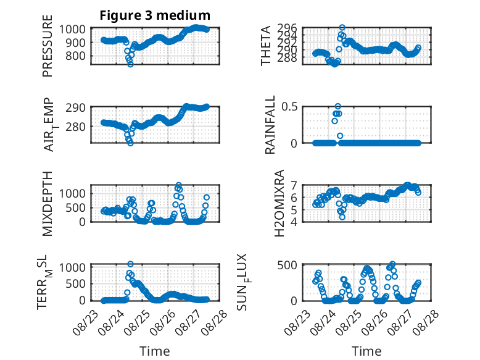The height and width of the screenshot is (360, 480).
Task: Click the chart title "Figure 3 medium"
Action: click(x=155, y=15)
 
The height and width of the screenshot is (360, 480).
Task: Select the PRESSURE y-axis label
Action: click(x=48, y=46)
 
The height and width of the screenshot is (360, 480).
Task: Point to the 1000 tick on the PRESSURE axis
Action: click(x=72, y=30)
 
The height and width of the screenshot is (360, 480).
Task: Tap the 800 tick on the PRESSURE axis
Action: click(x=75, y=56)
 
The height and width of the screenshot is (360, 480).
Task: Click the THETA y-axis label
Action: click(x=266, y=46)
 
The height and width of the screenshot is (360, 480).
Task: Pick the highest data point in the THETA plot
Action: click(x=342, y=28)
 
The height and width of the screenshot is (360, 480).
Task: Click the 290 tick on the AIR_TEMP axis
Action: click(x=75, y=108)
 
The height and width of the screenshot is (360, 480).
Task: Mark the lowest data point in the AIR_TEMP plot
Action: click(x=130, y=143)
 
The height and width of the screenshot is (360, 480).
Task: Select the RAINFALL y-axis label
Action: click(x=270, y=125)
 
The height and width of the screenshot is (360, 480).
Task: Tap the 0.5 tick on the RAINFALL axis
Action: click(x=289, y=107)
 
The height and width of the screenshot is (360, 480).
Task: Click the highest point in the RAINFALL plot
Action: click(x=337, y=107)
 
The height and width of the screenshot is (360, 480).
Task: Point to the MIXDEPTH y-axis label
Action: click(x=48, y=204)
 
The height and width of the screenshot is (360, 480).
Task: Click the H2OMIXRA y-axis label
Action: click(x=279, y=203)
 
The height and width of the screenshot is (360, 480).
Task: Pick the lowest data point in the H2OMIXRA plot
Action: click(x=342, y=217)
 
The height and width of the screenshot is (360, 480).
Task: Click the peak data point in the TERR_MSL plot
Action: click(x=130, y=264)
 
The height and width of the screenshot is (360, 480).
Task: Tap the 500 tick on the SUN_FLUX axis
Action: click(x=287, y=265)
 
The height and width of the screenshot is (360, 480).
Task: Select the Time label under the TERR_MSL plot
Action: click(x=155, y=351)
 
